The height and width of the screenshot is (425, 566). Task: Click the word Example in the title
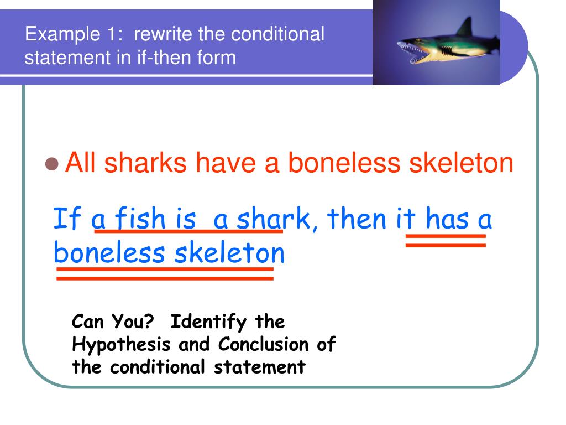coord(59,35)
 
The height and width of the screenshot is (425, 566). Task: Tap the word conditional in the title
coord(277,35)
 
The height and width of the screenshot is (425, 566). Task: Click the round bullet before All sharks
coord(52,164)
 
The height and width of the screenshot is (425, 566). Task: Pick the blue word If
coord(67,219)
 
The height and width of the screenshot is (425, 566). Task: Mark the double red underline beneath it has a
coord(446,241)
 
